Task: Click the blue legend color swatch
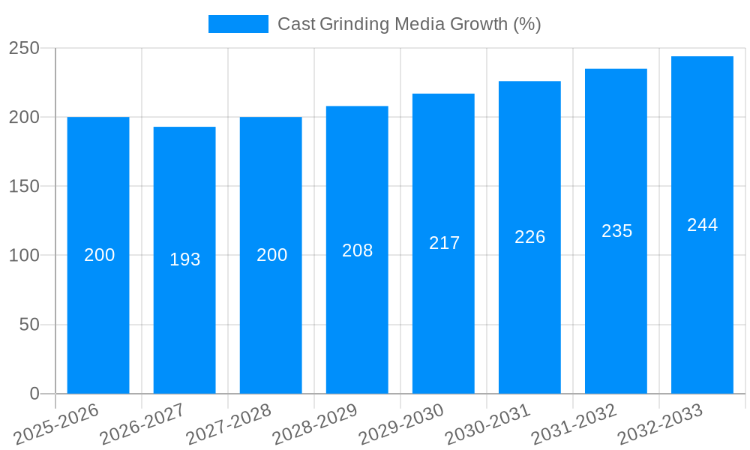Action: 238,24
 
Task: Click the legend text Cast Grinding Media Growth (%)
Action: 409,24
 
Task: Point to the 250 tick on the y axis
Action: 24,48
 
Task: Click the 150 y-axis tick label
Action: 24,186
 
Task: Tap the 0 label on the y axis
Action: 34,394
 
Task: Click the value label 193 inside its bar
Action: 184,259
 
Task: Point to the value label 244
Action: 702,225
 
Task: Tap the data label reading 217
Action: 444,243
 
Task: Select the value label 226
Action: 529,237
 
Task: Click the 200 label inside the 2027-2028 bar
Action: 271,255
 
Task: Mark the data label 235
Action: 616,231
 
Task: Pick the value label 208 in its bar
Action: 357,250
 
